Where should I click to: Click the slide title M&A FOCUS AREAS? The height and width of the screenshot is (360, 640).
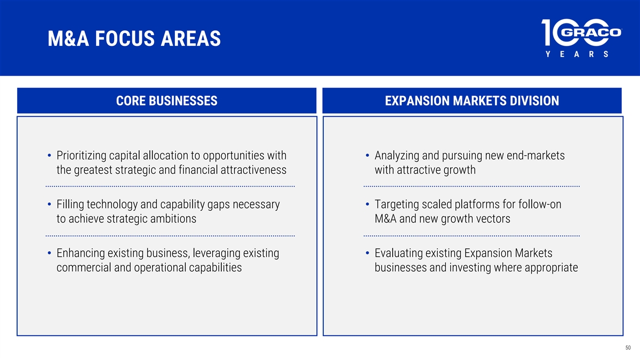click(134, 38)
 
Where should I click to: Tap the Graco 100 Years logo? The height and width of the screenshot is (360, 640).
click(581, 38)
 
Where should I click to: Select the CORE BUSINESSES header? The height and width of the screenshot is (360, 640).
click(166, 101)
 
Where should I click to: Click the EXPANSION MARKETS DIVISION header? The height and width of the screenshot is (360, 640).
click(471, 101)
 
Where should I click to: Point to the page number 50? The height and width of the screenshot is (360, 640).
click(628, 348)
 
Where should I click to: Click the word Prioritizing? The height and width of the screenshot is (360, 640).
click(81, 156)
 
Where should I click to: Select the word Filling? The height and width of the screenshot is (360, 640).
click(70, 205)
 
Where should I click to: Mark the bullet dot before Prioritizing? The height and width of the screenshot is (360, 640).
click(50, 155)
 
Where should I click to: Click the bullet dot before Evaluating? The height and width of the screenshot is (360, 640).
click(367, 253)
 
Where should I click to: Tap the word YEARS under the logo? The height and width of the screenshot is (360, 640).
click(577, 54)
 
